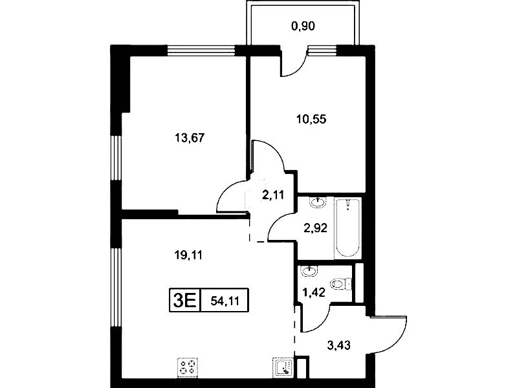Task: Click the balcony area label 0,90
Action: (303, 26)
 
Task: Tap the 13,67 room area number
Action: (190, 138)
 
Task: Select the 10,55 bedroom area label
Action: (311, 119)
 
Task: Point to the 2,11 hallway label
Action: (272, 195)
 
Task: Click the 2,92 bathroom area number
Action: (316, 228)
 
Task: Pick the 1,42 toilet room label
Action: (314, 292)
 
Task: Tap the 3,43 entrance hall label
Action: (338, 345)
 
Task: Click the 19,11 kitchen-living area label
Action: (188, 255)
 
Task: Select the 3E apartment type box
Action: (184, 300)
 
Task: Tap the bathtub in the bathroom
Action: (347, 228)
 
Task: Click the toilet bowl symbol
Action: (340, 284)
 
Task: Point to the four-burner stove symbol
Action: (188, 367)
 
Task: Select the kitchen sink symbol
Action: (283, 368)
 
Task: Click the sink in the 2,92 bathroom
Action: (318, 202)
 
